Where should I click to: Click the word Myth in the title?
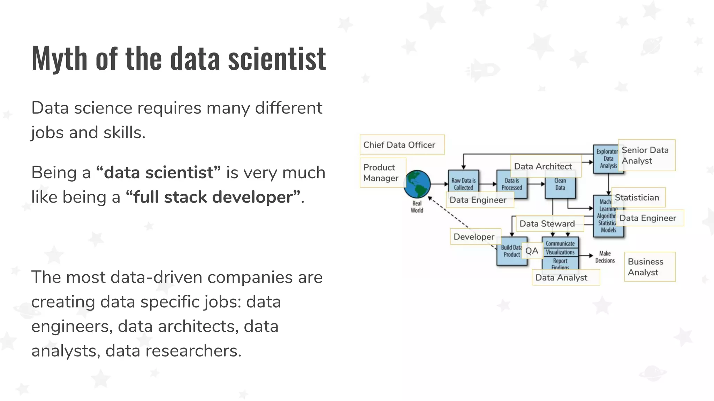(59, 58)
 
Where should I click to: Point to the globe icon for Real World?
(417, 184)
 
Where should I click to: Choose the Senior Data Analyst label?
(646, 155)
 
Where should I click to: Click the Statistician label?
(637, 197)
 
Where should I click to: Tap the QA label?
(532, 251)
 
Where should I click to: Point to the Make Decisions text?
(605, 257)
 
